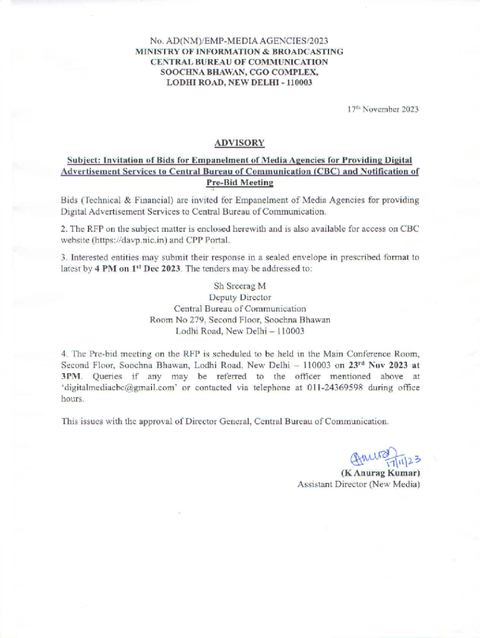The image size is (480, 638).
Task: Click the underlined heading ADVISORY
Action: [x=239, y=143]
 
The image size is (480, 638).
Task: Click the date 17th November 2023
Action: [x=383, y=110]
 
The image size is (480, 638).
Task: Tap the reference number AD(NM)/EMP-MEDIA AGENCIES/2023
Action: [x=249, y=42]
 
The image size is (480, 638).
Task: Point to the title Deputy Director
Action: [x=239, y=297]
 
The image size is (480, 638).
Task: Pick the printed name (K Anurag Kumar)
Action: [x=380, y=473]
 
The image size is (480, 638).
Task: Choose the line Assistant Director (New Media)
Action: [x=358, y=484]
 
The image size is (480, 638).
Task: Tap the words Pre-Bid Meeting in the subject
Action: [x=239, y=183]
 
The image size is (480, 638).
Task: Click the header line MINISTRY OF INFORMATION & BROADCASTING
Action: [x=239, y=52]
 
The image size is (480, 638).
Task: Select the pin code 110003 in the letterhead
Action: [x=297, y=83]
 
